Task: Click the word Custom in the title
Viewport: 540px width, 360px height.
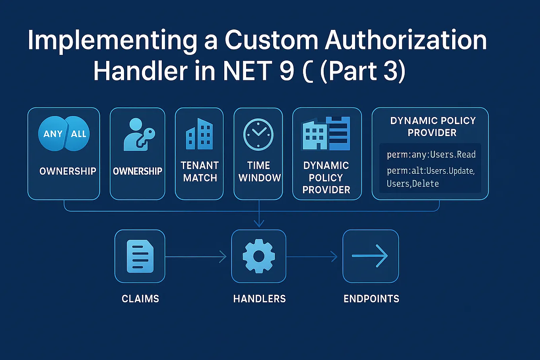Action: coord(272,40)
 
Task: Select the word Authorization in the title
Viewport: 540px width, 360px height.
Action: coord(406,40)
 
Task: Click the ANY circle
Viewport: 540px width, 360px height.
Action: coord(52,134)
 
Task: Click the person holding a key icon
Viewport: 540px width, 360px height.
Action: coord(138,134)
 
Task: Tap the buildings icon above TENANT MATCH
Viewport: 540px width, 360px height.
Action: coord(199,134)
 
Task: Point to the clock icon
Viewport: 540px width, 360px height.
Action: coord(258,134)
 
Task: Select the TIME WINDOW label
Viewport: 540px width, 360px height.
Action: coord(259,171)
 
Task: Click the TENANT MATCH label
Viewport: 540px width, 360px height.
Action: coord(200,171)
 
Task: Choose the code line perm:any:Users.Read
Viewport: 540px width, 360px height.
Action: coord(431,154)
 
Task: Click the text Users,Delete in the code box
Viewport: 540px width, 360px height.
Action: coord(413,183)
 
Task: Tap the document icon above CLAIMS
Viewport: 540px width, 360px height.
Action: coord(140,256)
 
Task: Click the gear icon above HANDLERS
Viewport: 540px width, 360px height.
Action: coord(259,256)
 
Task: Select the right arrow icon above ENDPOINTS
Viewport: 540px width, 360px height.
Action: coord(370,256)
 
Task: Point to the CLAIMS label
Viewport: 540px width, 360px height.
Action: coord(140,299)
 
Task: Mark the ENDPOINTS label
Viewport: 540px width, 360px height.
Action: coord(371,299)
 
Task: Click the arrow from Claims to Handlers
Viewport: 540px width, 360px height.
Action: coord(196,257)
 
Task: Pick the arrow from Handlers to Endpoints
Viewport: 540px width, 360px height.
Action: coord(312,257)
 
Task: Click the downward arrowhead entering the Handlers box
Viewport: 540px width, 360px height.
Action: coord(259,224)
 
